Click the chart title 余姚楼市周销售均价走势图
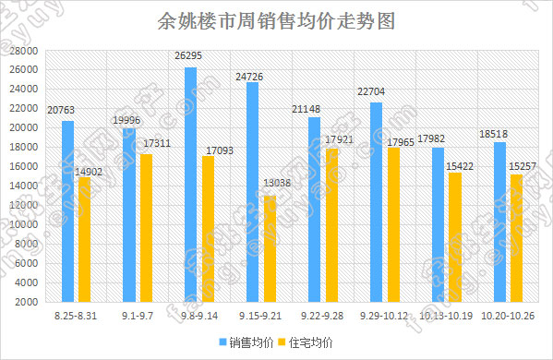[x=276, y=21]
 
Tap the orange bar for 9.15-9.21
[x=269, y=248]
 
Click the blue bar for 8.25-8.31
[x=67, y=211]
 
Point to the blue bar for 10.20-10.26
[x=499, y=222]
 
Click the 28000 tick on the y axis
[x=26, y=51]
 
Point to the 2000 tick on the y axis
[x=29, y=302]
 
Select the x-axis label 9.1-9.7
[x=138, y=317]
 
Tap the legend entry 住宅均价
[x=310, y=342]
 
